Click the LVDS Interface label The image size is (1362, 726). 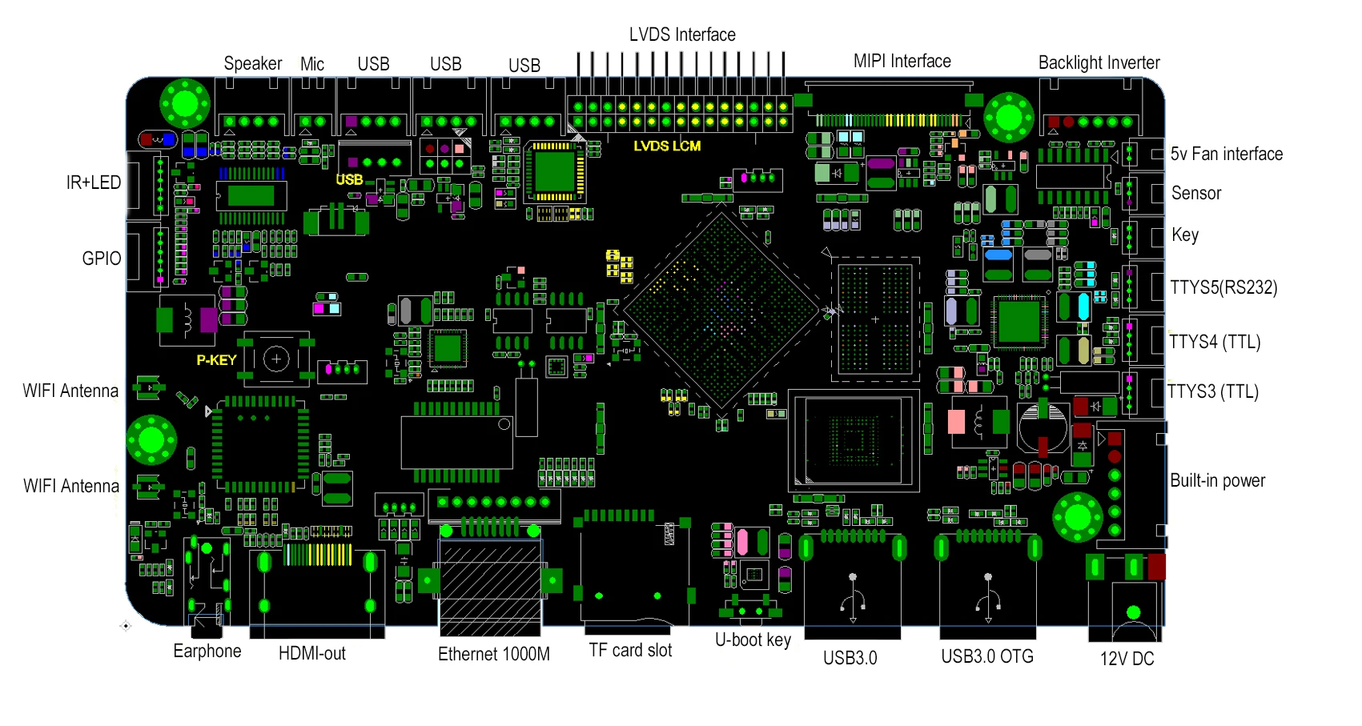tap(682, 34)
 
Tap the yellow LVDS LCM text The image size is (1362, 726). tap(667, 146)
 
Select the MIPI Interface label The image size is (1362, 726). tap(902, 61)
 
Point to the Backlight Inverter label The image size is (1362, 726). tap(1099, 62)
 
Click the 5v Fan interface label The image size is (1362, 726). tap(1226, 154)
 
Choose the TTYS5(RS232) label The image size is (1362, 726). tap(1223, 287)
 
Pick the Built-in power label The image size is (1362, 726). tap(1217, 480)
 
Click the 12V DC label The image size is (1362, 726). tap(1127, 658)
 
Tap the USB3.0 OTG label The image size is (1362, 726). tap(986, 656)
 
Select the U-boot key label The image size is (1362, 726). tap(753, 640)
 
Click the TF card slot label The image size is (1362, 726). tap(630, 650)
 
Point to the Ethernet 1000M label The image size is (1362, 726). tap(493, 654)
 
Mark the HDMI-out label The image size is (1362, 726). tap(311, 653)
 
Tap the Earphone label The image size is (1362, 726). tap(207, 651)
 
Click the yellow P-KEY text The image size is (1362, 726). tap(216, 360)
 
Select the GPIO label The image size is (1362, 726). tap(102, 259)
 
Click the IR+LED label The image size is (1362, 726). tap(94, 183)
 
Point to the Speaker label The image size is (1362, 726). tap(252, 63)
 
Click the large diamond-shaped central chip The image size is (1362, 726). tap(721, 311)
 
